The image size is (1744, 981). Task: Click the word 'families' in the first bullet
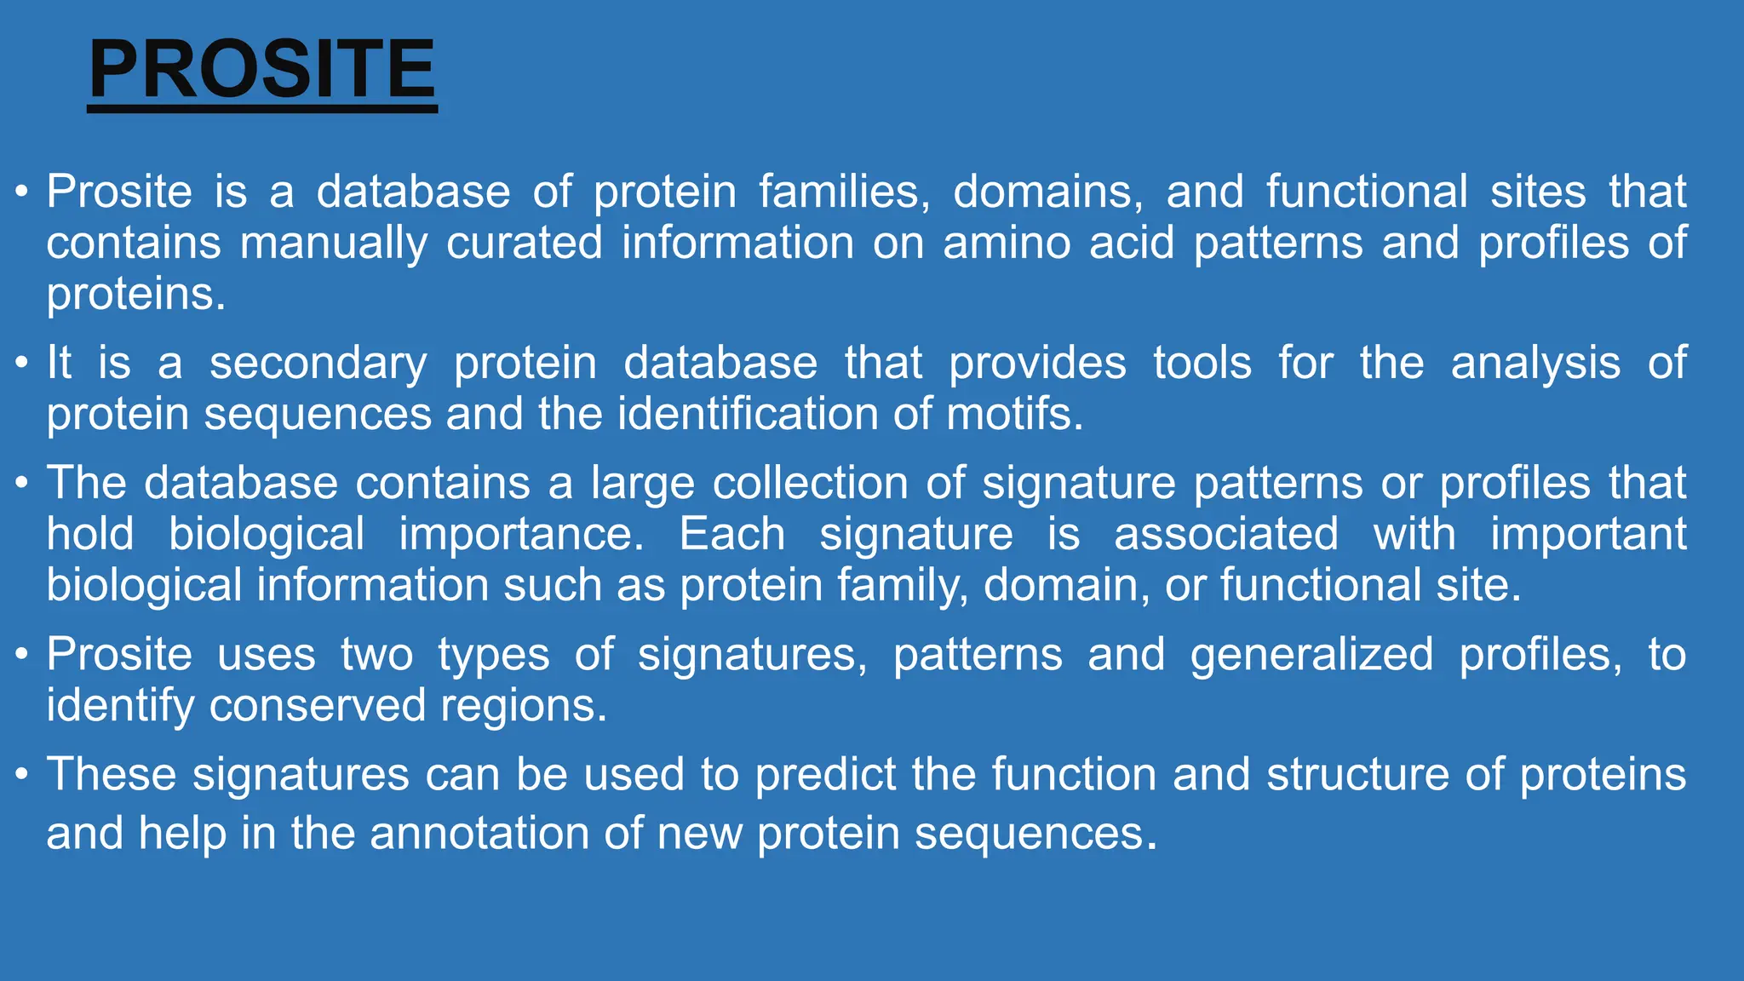pos(844,192)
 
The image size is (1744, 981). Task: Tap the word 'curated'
pos(524,244)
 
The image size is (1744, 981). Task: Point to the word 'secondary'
pos(318,364)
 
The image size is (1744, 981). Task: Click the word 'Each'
pos(731,535)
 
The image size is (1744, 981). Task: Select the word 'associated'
pos(1225,535)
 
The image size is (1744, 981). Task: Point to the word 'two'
pos(376,655)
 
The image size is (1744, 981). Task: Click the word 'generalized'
pos(1311,655)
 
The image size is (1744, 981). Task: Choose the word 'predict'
pos(825,775)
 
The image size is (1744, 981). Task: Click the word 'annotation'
pos(479,833)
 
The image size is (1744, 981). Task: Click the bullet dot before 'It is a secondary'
pos(22,364)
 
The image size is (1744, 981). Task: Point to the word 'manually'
pos(333,244)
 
